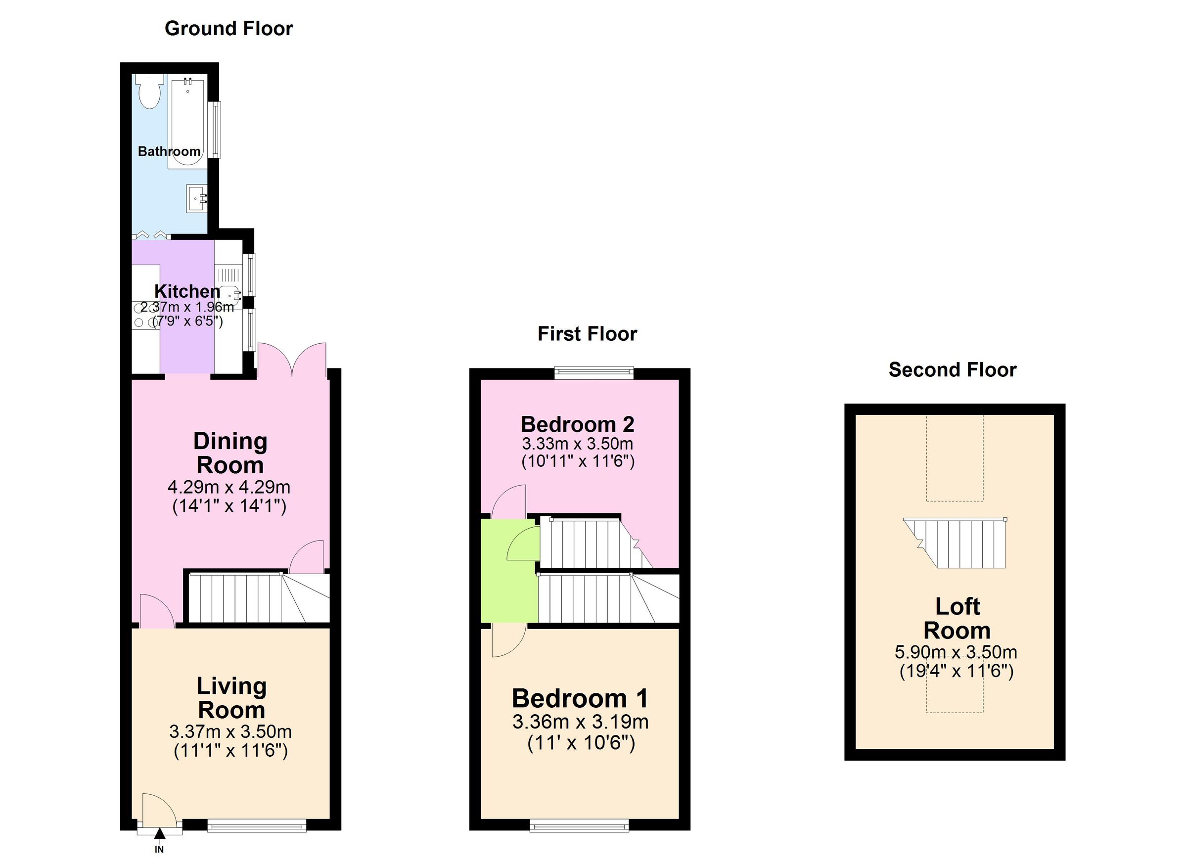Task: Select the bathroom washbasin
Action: pos(197,198)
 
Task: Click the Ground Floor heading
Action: pos(228,28)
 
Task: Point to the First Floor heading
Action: pos(587,334)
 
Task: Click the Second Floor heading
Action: pos(952,370)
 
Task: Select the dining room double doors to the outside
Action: pos(292,359)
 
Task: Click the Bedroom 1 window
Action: pos(579,826)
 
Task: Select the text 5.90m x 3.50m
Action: pos(956,652)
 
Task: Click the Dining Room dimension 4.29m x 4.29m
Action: pos(228,487)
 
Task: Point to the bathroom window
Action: pos(214,130)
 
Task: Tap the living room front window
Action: pos(257,826)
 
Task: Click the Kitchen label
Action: pos(187,291)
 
